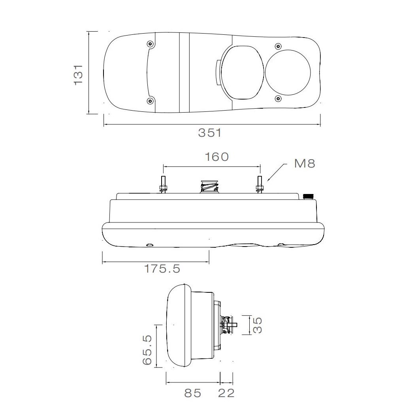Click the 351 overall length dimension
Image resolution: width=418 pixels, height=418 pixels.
click(x=210, y=133)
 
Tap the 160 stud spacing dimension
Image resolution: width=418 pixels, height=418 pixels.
click(x=217, y=157)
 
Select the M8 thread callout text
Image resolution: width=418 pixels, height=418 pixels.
click(x=305, y=164)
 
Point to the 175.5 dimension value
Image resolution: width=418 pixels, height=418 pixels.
click(x=162, y=269)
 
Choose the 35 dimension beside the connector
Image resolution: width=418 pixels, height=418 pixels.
click(x=258, y=325)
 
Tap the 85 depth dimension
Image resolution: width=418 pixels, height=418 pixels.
click(x=192, y=393)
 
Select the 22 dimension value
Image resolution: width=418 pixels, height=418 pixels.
click(x=226, y=393)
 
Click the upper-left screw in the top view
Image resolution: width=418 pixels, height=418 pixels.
click(x=150, y=44)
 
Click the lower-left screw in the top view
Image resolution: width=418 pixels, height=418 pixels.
click(x=150, y=101)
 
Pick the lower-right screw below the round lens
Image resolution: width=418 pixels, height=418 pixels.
click(x=278, y=98)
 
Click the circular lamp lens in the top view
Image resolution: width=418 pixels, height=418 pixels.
click(x=288, y=72)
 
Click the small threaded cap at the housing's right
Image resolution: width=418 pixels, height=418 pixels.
click(x=307, y=196)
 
